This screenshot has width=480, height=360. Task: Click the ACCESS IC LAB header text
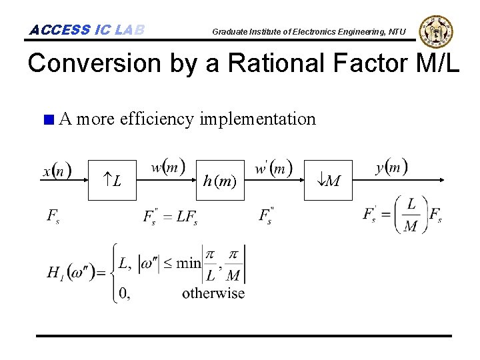click(87, 30)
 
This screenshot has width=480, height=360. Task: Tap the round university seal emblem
click(436, 31)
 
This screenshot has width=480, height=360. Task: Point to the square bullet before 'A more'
click(47, 120)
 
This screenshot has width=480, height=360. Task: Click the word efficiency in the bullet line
click(156, 119)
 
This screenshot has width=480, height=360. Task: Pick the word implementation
click(257, 119)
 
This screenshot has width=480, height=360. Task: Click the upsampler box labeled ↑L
click(113, 180)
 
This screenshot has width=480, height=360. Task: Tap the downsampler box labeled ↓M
click(329, 180)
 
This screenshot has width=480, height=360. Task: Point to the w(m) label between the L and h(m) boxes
click(168, 167)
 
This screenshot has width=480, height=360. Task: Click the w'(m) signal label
click(273, 167)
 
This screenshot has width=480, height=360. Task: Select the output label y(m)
click(391, 167)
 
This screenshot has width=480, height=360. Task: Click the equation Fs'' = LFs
click(170, 216)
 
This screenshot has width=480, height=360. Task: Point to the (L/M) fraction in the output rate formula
click(411, 215)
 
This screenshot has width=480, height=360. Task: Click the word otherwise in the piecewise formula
click(213, 293)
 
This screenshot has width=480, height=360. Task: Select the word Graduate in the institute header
click(231, 31)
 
